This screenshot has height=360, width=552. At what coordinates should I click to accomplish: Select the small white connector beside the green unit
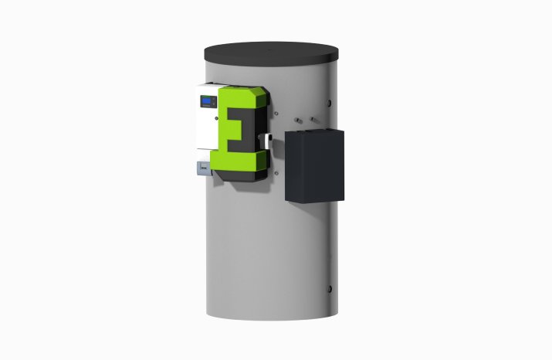click(268, 138)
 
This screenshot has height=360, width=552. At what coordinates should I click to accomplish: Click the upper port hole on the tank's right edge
click(331, 101)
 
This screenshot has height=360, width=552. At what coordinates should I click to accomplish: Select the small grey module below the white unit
click(200, 168)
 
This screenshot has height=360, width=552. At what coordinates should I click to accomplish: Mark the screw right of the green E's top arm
click(262, 100)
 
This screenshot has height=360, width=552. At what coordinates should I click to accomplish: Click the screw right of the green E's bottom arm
click(262, 158)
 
